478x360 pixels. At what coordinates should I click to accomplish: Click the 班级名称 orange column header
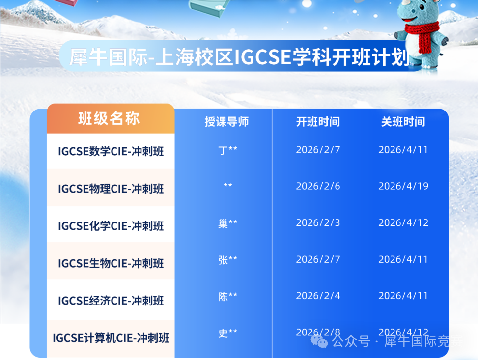109,118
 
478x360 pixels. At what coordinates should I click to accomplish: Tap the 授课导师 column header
226,122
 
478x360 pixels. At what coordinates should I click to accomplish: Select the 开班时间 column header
318,122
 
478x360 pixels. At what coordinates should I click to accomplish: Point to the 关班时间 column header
403,122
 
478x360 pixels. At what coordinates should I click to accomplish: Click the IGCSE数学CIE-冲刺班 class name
111,151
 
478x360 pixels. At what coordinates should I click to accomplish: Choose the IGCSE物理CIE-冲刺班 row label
111,189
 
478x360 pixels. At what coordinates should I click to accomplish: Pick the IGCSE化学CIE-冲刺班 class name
111,226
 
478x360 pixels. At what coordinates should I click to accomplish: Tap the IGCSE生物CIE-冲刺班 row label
111,263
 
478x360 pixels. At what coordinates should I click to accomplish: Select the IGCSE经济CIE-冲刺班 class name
111,301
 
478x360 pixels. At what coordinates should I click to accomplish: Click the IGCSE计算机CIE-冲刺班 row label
111,338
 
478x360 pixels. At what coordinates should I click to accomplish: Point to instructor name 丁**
228,150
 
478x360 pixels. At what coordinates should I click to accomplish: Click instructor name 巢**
228,223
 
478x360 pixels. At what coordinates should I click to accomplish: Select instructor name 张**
228,260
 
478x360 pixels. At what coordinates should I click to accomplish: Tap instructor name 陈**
228,296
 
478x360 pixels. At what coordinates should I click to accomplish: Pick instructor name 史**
228,333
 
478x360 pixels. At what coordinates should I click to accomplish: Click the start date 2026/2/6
318,186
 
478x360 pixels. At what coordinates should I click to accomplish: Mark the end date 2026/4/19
403,186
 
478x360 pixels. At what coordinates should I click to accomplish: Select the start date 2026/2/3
318,222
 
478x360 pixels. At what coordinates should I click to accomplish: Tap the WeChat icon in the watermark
319,341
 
